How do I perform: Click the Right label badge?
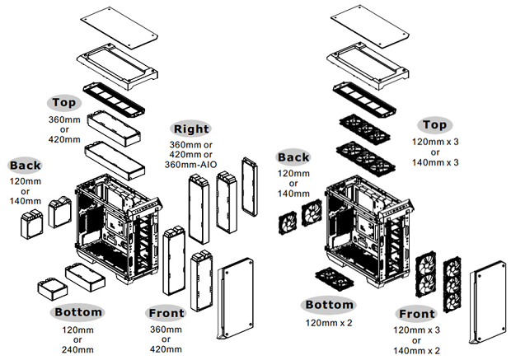click(x=191, y=129)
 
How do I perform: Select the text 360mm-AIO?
click(x=191, y=164)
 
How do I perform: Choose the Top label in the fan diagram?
click(x=436, y=124)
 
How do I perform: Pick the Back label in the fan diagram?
click(x=293, y=157)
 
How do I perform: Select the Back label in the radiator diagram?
click(x=25, y=166)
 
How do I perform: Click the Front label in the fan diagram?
click(x=416, y=314)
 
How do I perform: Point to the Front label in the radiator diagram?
click(x=167, y=313)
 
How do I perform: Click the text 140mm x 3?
click(x=436, y=163)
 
